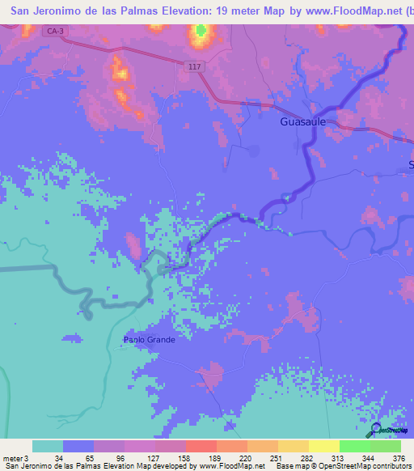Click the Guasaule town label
click(x=303, y=122)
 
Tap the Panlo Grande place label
click(x=149, y=340)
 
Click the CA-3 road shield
click(x=55, y=31)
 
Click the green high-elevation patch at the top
click(x=200, y=32)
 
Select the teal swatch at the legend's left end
click(x=47, y=446)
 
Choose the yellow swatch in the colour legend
click(x=323, y=446)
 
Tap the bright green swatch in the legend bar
click(x=354, y=446)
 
